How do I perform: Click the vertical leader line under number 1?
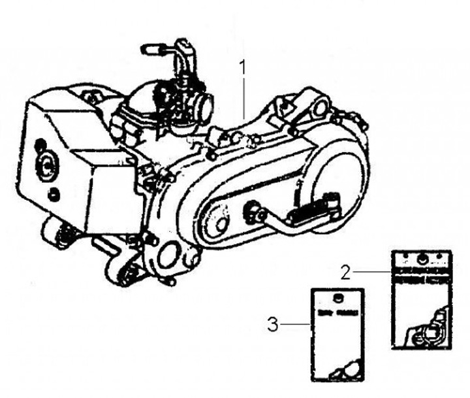click(x=244, y=98)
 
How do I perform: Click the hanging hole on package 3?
click(x=336, y=298)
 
